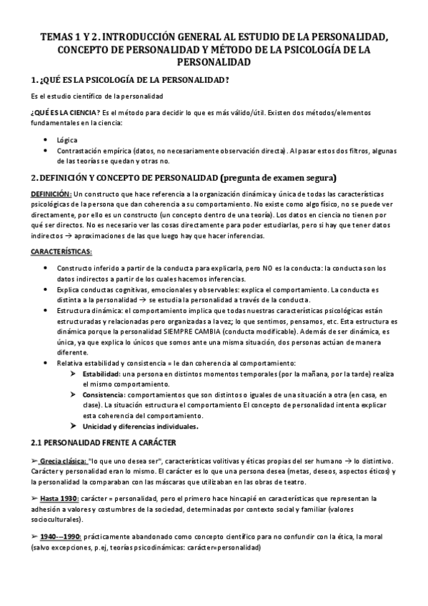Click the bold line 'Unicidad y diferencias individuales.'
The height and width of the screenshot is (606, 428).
140,426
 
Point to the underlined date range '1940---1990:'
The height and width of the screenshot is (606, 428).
60,535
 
